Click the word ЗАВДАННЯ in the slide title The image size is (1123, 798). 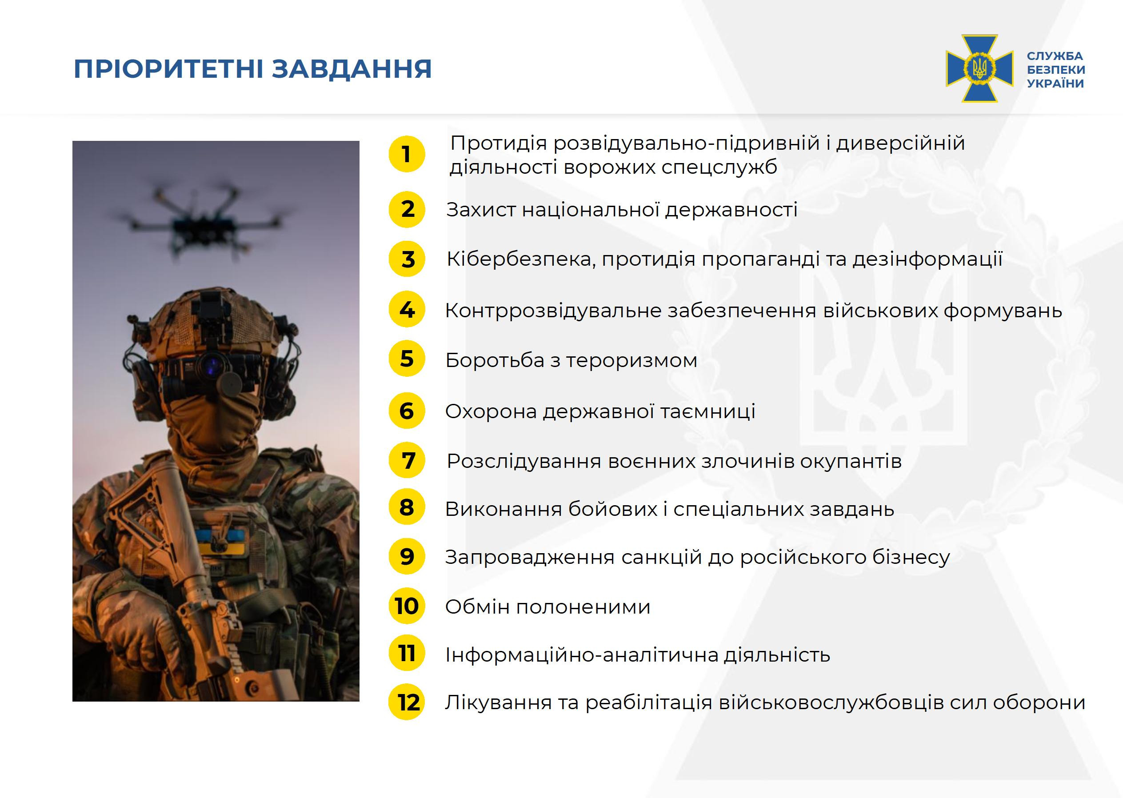352,69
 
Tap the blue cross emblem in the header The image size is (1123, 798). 979,68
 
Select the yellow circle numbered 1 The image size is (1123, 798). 407,154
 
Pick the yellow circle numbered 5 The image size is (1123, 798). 407,359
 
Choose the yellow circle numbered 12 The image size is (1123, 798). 407,702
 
